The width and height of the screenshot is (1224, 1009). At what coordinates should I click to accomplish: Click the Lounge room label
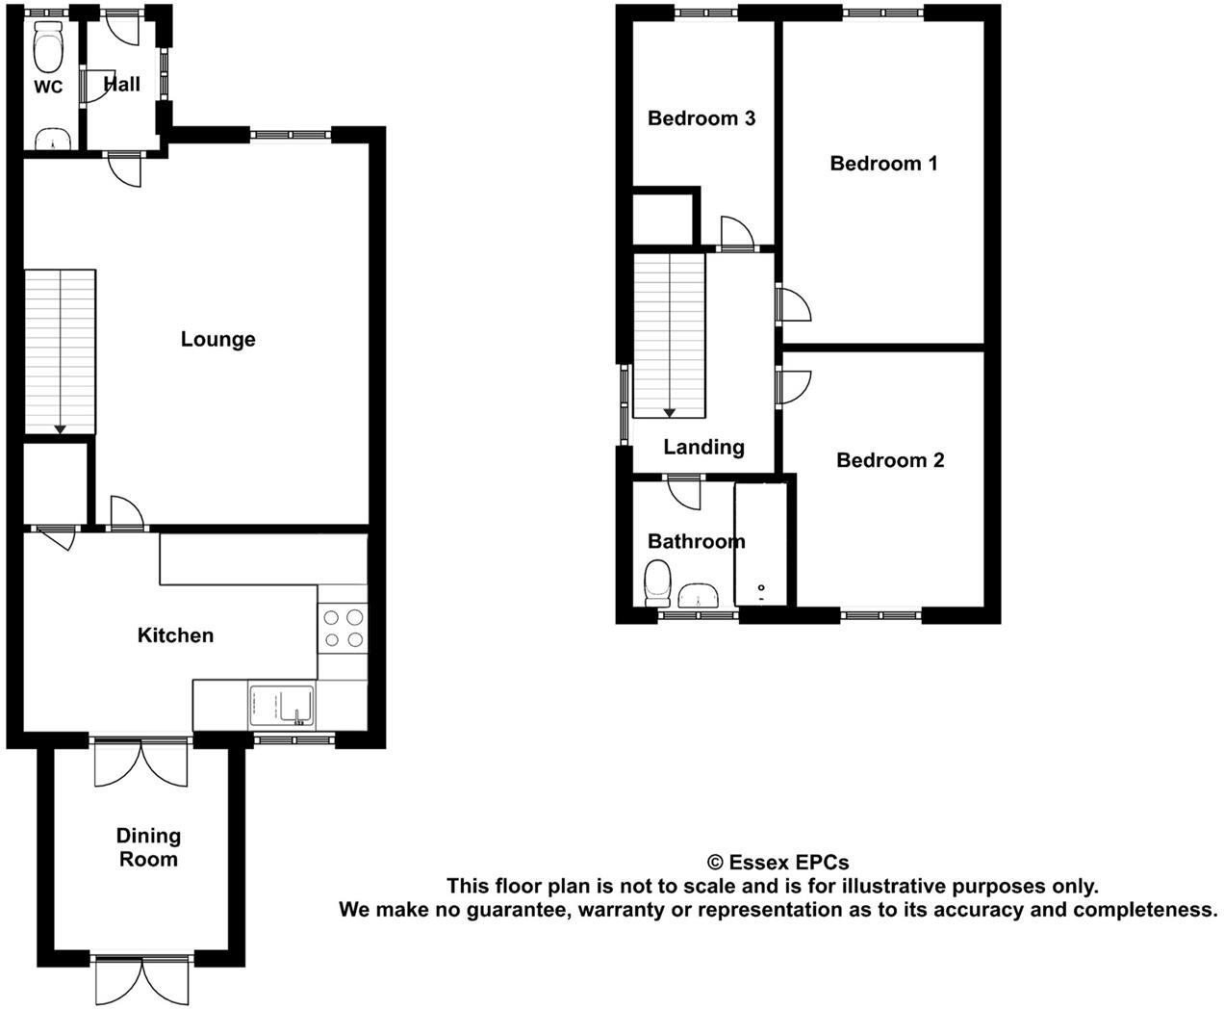(x=218, y=339)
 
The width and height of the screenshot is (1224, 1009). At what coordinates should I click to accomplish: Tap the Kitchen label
(x=175, y=635)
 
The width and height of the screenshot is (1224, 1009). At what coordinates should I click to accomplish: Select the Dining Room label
(x=148, y=847)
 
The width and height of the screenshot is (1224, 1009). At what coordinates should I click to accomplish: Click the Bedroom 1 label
(x=883, y=164)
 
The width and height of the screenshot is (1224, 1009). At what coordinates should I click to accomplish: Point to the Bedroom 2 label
(x=890, y=460)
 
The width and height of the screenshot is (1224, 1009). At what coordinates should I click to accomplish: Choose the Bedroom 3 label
(x=701, y=118)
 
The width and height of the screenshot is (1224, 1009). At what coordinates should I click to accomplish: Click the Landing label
(x=703, y=447)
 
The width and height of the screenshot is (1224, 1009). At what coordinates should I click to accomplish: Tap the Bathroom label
(x=696, y=541)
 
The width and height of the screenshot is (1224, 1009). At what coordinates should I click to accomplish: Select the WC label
(x=48, y=88)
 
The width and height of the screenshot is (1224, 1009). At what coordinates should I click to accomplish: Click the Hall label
(x=122, y=84)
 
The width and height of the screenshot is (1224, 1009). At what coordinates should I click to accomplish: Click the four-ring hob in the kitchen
(x=343, y=628)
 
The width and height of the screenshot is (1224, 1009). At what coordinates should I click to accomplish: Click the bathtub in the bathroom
(x=761, y=544)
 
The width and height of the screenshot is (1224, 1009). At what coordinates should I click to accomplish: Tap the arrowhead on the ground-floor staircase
(x=60, y=428)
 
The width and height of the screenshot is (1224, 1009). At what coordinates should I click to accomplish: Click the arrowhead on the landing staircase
(x=669, y=413)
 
